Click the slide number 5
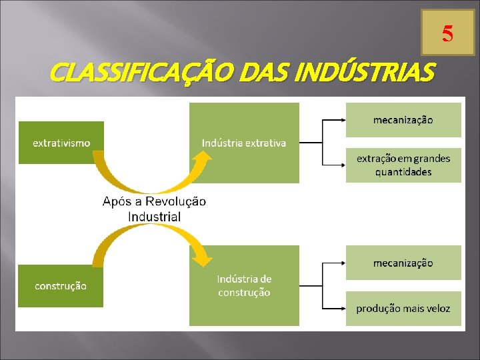pos(447,33)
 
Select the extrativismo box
pos(61,143)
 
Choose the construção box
pos(61,285)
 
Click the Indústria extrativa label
pos(244,143)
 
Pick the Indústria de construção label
pos(244,285)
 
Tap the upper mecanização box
pos(403,120)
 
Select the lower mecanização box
pos(403,263)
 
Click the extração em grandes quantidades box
pos(403,165)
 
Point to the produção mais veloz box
pos(403,308)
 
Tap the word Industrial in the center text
pos(154,216)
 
